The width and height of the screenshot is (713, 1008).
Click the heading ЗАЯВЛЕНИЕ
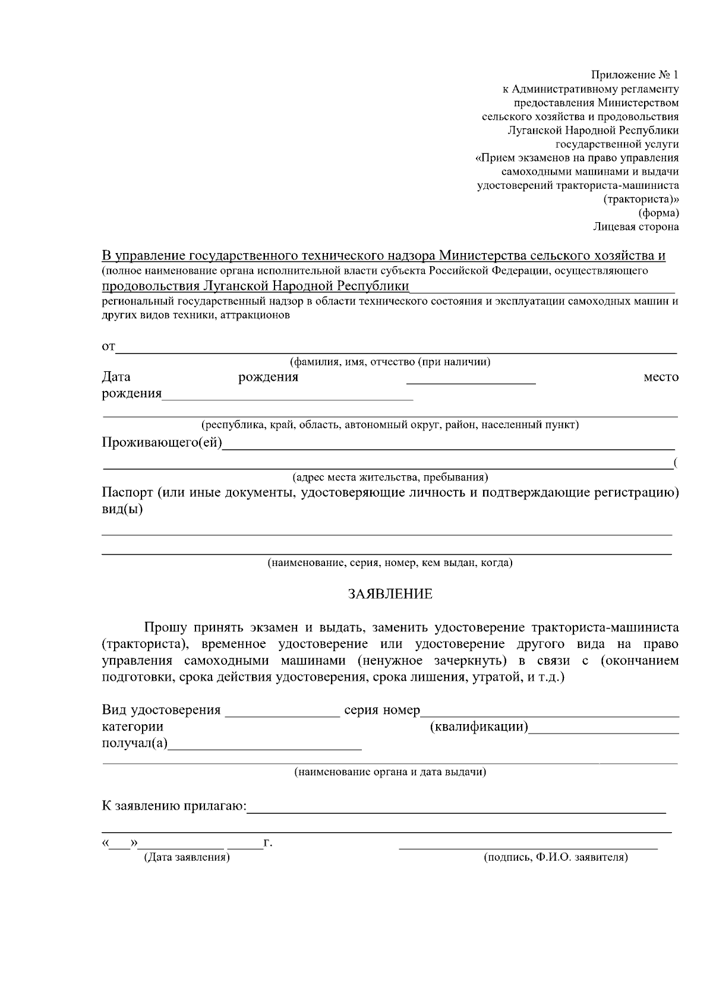point(390,594)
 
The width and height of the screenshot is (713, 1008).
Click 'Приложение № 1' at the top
point(634,75)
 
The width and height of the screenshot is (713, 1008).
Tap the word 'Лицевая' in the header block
point(614,226)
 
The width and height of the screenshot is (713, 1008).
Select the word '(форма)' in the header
point(658,213)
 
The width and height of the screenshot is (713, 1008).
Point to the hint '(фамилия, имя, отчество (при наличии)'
point(390,362)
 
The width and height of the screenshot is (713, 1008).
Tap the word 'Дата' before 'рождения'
point(116,377)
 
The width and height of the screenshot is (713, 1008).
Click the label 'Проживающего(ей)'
point(162,443)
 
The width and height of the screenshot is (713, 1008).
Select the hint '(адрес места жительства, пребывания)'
point(390,477)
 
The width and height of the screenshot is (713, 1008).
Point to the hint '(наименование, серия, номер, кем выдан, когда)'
point(390,563)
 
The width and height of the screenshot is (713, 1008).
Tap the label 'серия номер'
point(382,710)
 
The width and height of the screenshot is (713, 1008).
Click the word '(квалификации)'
point(479,726)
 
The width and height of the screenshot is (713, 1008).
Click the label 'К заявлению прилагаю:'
point(173,806)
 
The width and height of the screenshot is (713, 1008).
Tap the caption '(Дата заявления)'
point(187,858)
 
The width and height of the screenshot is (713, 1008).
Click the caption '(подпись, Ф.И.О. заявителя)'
point(556,858)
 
